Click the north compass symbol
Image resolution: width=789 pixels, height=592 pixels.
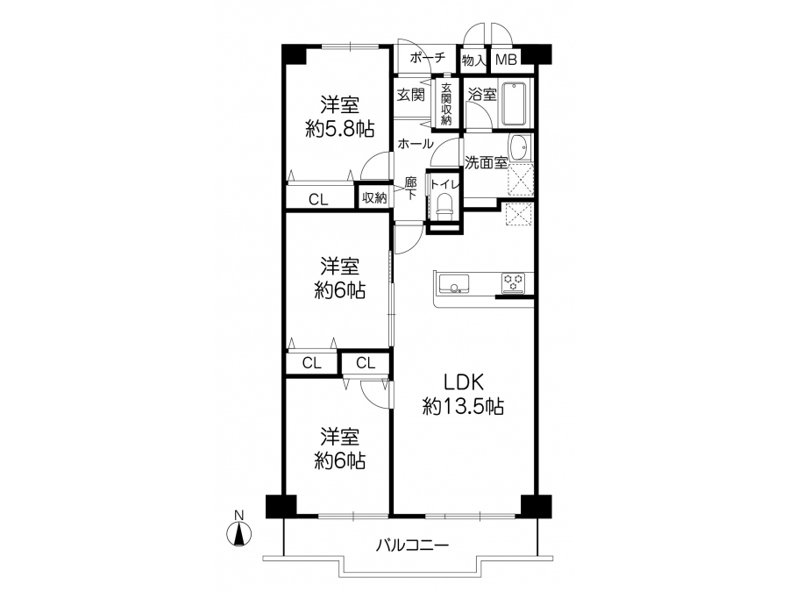click(239, 533)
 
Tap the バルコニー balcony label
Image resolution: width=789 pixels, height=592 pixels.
click(413, 545)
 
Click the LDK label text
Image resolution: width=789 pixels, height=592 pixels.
click(464, 382)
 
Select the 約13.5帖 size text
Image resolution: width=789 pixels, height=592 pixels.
click(463, 406)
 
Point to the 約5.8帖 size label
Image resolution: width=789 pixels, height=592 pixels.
click(340, 130)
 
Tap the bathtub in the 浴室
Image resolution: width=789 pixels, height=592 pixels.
click(514, 104)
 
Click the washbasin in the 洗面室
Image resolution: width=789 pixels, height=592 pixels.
click(519, 148)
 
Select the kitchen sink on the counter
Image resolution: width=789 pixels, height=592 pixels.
click(454, 283)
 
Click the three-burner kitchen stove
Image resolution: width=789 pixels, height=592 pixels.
click(513, 283)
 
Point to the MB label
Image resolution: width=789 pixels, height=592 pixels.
click(506, 61)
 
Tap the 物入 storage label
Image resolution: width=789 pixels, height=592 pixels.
click(474, 61)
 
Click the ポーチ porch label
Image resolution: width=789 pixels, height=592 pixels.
click(428, 57)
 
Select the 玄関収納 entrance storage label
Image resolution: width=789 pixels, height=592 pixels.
click(446, 104)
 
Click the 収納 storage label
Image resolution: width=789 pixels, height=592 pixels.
click(374, 198)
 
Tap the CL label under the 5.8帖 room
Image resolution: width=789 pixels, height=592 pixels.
click(318, 200)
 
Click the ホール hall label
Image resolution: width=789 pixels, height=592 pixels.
click(416, 144)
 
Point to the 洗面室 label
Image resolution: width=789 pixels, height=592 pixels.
click(486, 162)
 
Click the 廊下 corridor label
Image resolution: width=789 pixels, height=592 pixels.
click(411, 188)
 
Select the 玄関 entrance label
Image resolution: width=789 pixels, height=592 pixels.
click(410, 94)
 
